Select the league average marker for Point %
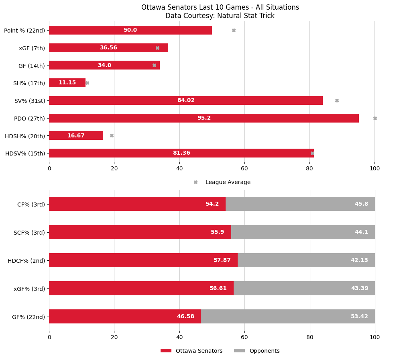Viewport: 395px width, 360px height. coord(234,30)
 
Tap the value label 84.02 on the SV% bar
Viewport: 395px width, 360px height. coord(186,100)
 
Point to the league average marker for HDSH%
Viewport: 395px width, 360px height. coord(112,136)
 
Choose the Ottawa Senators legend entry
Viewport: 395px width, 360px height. coord(191,351)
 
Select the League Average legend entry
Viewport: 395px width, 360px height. coord(228,182)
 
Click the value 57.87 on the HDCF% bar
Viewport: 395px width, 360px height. coord(222,260)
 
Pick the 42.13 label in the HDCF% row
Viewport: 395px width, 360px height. coord(359,260)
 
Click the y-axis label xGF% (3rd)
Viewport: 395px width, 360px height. coord(29,288)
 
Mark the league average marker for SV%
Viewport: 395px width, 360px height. coord(337,100)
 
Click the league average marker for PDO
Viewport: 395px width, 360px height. coord(375,118)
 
